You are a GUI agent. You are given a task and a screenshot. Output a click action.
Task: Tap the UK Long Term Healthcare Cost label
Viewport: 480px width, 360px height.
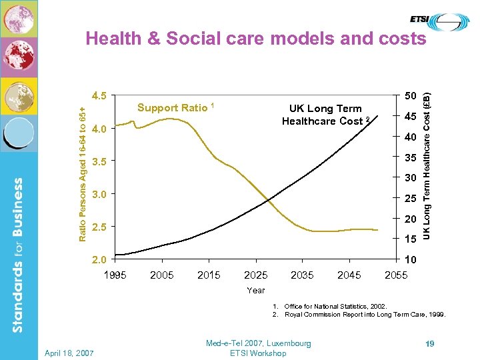(325, 115)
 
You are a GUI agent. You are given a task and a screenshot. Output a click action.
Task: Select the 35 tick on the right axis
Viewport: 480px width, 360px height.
(409, 159)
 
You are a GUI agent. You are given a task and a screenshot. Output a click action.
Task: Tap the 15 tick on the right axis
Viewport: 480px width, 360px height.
(409, 239)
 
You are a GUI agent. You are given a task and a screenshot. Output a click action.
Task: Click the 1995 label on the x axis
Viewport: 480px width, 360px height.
(115, 275)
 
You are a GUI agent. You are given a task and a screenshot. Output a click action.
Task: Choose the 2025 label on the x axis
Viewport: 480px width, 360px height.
(256, 275)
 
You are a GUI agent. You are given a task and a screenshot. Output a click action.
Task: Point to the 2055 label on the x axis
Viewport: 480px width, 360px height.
(397, 275)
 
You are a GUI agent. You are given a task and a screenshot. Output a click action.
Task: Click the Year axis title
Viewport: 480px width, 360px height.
(256, 290)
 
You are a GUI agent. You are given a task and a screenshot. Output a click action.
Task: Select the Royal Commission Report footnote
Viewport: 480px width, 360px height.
(363, 315)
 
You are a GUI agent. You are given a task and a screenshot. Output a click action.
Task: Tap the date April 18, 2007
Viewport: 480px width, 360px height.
(69, 352)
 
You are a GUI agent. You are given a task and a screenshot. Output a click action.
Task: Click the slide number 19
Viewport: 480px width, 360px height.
(430, 343)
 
